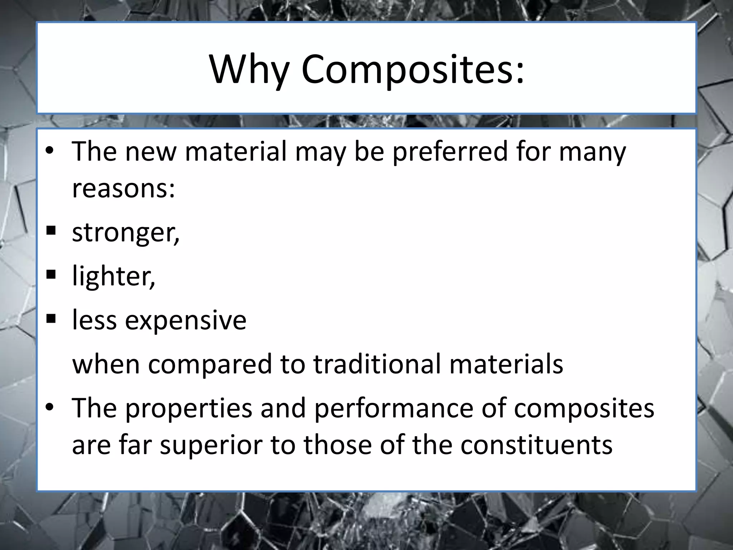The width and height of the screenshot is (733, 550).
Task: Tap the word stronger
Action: tap(125, 233)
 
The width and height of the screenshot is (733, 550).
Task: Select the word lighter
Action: tap(113, 276)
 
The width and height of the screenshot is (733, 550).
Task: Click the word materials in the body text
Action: tap(506, 364)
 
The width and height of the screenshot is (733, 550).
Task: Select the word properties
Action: tap(189, 409)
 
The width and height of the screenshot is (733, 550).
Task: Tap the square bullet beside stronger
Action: tap(51, 231)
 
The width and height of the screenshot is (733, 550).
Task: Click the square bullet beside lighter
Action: tap(51, 275)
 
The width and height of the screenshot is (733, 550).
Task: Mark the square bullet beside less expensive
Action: tap(51, 318)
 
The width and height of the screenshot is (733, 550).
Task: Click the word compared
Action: tap(210, 365)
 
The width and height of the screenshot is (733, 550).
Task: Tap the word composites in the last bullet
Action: tap(584, 409)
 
